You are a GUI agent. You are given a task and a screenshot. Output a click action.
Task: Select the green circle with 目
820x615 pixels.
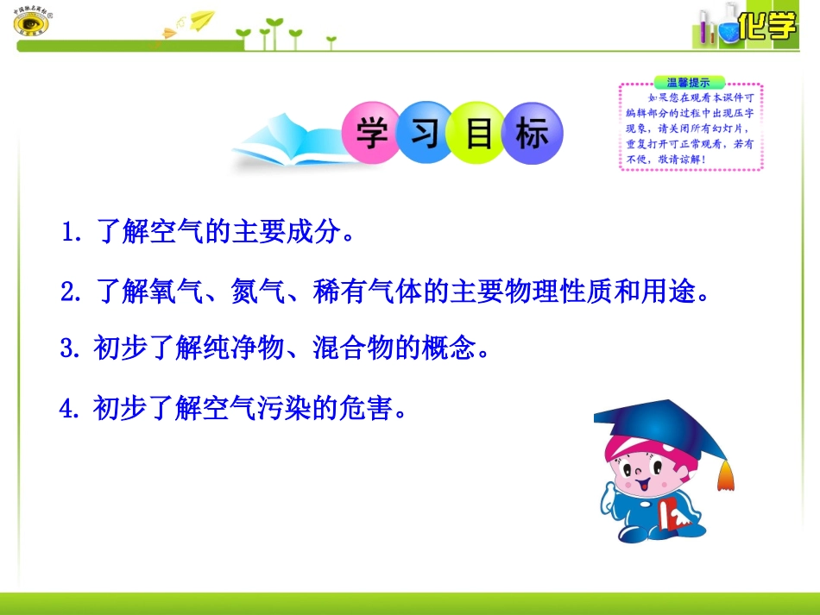click(x=479, y=135)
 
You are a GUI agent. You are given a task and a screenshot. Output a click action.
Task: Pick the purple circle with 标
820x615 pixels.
click(x=533, y=135)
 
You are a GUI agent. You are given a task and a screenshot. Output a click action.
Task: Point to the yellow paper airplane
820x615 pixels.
click(x=202, y=20)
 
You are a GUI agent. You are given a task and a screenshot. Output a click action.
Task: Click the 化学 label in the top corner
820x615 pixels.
click(x=767, y=28)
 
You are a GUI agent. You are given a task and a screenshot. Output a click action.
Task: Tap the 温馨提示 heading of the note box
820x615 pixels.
click(x=688, y=83)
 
